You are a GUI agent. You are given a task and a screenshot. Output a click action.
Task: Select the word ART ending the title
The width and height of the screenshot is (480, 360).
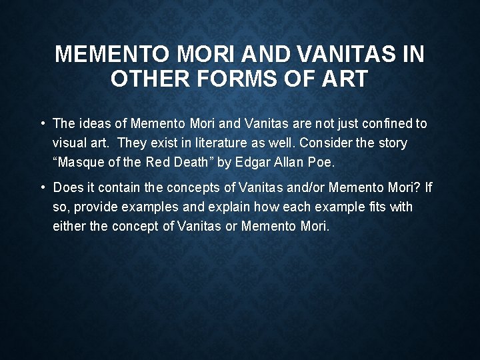343,79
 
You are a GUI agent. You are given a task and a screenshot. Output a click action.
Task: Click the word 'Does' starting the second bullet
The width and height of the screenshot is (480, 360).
67,187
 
